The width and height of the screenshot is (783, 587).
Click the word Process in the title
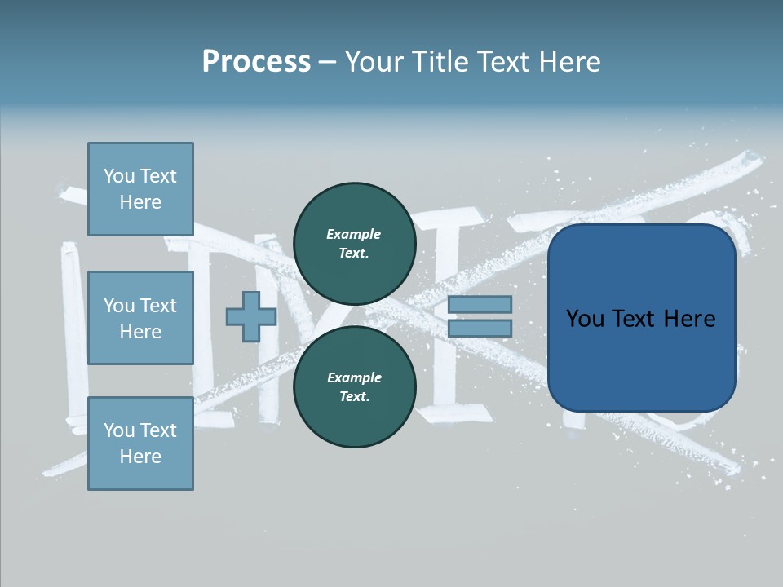(256, 62)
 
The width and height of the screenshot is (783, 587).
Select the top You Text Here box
(140, 189)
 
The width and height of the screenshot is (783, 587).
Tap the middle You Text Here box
(140, 318)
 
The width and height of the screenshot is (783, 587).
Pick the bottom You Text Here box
(140, 444)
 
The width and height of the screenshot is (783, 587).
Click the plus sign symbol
(251, 316)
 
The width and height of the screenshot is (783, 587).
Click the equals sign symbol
(480, 316)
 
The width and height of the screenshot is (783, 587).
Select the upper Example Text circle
(354, 243)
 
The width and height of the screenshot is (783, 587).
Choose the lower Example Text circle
(354, 386)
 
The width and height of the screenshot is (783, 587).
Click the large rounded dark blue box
(641, 318)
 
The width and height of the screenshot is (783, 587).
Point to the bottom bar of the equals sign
(480, 328)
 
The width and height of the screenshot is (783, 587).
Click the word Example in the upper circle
(354, 234)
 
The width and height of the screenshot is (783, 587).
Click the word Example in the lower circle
(354, 377)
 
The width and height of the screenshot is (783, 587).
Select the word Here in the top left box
(140, 202)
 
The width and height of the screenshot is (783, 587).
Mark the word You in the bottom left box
(118, 430)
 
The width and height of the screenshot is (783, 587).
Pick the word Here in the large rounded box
(689, 319)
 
